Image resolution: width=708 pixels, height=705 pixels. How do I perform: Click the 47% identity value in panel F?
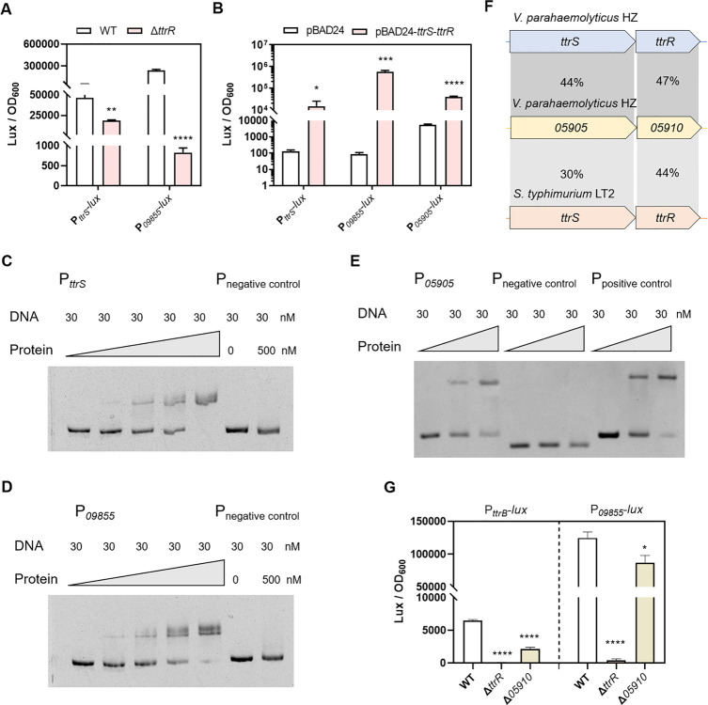pyautogui.click(x=667, y=81)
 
